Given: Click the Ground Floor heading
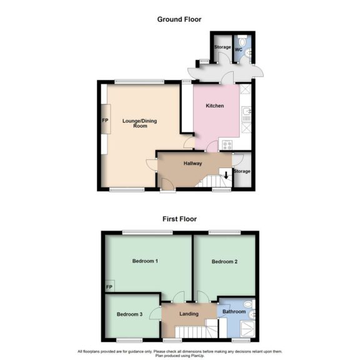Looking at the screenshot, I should point(179,19).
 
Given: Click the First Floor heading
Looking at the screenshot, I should point(179,219).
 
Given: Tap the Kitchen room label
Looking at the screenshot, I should point(215,106).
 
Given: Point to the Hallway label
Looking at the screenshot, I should point(192,163).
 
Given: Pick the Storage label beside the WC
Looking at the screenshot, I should point(222,47).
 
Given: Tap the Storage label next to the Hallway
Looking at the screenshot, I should point(241,171).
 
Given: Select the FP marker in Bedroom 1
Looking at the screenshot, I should point(109,287).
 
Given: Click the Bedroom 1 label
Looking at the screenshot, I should point(144,261).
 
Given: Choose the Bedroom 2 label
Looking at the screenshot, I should point(224,261).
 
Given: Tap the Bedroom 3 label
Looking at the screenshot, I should point(129,314).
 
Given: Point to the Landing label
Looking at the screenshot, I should point(188,314).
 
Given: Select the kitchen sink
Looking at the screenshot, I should point(247,113).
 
